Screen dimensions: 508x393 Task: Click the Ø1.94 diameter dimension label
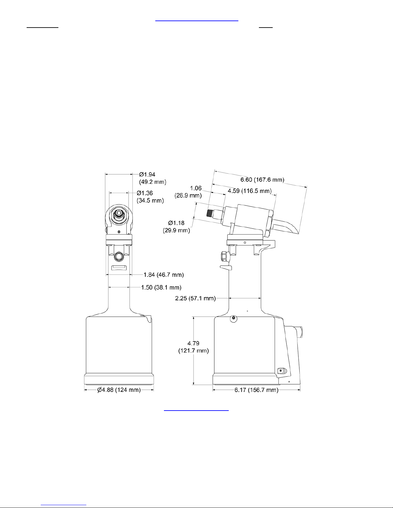click(x=152, y=178)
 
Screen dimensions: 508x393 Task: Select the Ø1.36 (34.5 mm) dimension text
click(x=150, y=197)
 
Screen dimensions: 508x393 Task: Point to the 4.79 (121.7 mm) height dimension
click(x=193, y=347)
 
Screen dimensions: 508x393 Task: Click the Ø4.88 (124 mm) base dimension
click(x=119, y=390)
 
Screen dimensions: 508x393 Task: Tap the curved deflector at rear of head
click(x=290, y=228)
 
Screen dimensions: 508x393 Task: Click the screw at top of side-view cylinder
click(x=234, y=318)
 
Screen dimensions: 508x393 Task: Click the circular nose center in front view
click(x=119, y=213)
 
